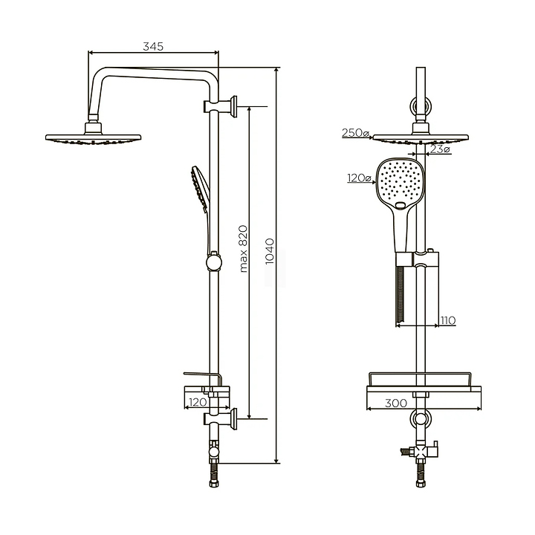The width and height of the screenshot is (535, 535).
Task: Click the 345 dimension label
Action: [x=153, y=46]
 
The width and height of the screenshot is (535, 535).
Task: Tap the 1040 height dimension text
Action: [x=270, y=251]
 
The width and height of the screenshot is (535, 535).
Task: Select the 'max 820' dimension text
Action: [x=243, y=248]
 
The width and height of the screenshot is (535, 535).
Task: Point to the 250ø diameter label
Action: [x=355, y=133]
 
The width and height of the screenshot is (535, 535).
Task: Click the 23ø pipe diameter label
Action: [x=440, y=149]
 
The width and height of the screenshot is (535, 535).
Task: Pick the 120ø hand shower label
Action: [x=360, y=178]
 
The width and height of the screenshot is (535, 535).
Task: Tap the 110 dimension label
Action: [x=448, y=321]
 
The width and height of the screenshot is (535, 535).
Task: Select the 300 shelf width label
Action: [x=396, y=403]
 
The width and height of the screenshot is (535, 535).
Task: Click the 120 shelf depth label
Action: [x=198, y=402]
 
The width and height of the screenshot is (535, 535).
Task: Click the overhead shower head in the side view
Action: [x=93, y=134]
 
